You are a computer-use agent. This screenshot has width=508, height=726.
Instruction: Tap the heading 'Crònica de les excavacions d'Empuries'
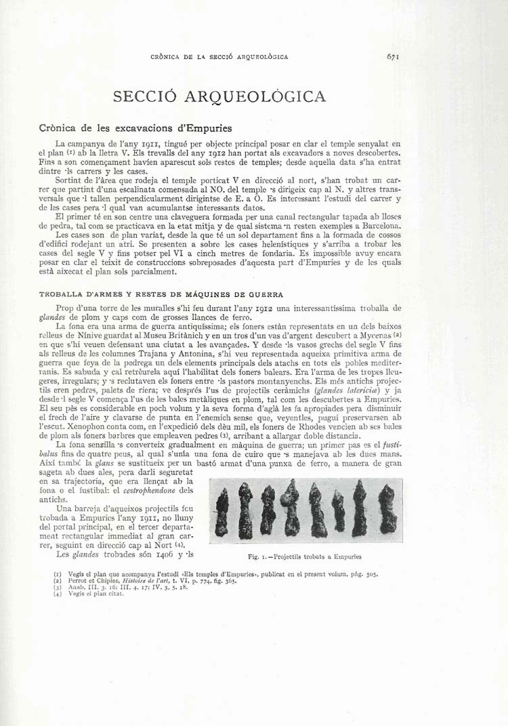coord(135,128)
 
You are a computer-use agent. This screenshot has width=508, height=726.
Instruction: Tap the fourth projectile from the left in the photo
coord(293,508)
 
